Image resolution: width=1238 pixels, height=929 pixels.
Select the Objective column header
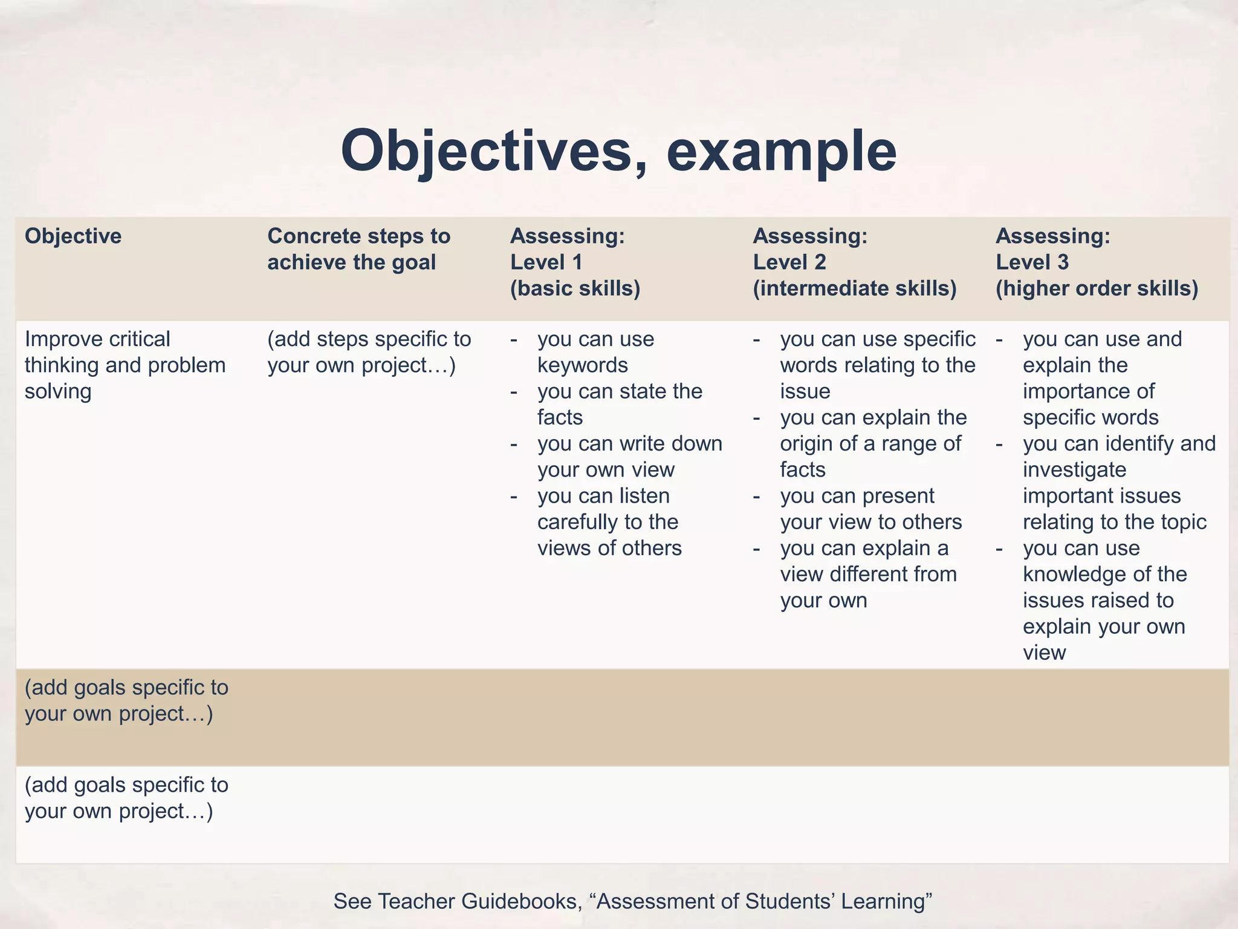pyautogui.click(x=73, y=236)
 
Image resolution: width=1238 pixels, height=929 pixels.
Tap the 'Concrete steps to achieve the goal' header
pyautogui.click(x=358, y=249)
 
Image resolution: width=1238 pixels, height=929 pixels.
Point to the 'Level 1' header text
pyautogui.click(x=546, y=262)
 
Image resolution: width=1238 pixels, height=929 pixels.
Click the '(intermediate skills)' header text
pyautogui.click(x=854, y=288)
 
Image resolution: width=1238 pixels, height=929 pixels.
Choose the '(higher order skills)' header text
pyautogui.click(x=1097, y=288)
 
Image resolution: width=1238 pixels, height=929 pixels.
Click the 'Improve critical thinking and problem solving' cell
pyautogui.click(x=125, y=365)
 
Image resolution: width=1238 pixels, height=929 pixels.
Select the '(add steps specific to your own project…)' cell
pyautogui.click(x=369, y=352)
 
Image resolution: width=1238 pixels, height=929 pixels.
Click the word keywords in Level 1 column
pyautogui.click(x=583, y=365)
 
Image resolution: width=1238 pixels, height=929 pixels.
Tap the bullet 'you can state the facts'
pyautogui.click(x=620, y=404)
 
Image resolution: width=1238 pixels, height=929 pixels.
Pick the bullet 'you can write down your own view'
pyautogui.click(x=629, y=457)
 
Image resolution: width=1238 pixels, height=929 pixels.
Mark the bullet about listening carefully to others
pyautogui.click(x=609, y=522)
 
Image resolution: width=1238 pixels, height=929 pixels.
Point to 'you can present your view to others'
pyautogui.click(x=870, y=509)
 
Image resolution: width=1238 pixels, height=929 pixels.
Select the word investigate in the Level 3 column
pyautogui.click(x=1075, y=470)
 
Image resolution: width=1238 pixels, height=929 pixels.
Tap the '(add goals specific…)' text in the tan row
pyautogui.click(x=126, y=700)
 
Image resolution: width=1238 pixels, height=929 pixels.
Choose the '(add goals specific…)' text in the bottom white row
pyautogui.click(x=126, y=798)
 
